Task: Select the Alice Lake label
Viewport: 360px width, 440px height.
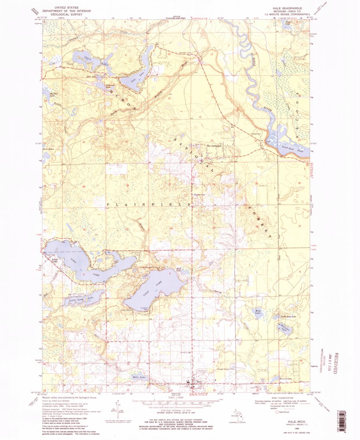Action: pos(91,76)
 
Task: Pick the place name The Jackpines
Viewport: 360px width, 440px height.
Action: pos(214,145)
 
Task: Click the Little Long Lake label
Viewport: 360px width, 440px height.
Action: pos(80,299)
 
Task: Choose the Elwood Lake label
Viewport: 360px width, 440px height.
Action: pos(286,379)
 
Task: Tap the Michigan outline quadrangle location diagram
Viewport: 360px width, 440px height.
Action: pos(235,413)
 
